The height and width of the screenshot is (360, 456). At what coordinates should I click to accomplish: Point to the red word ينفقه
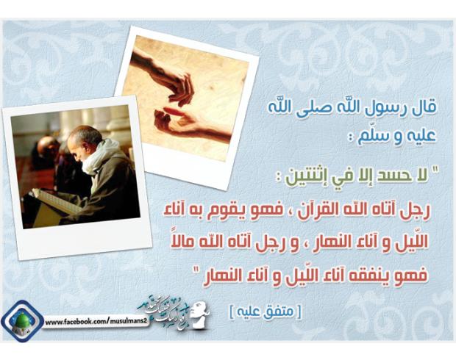(373, 276)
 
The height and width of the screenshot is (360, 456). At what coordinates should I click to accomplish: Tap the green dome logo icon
(22, 322)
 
